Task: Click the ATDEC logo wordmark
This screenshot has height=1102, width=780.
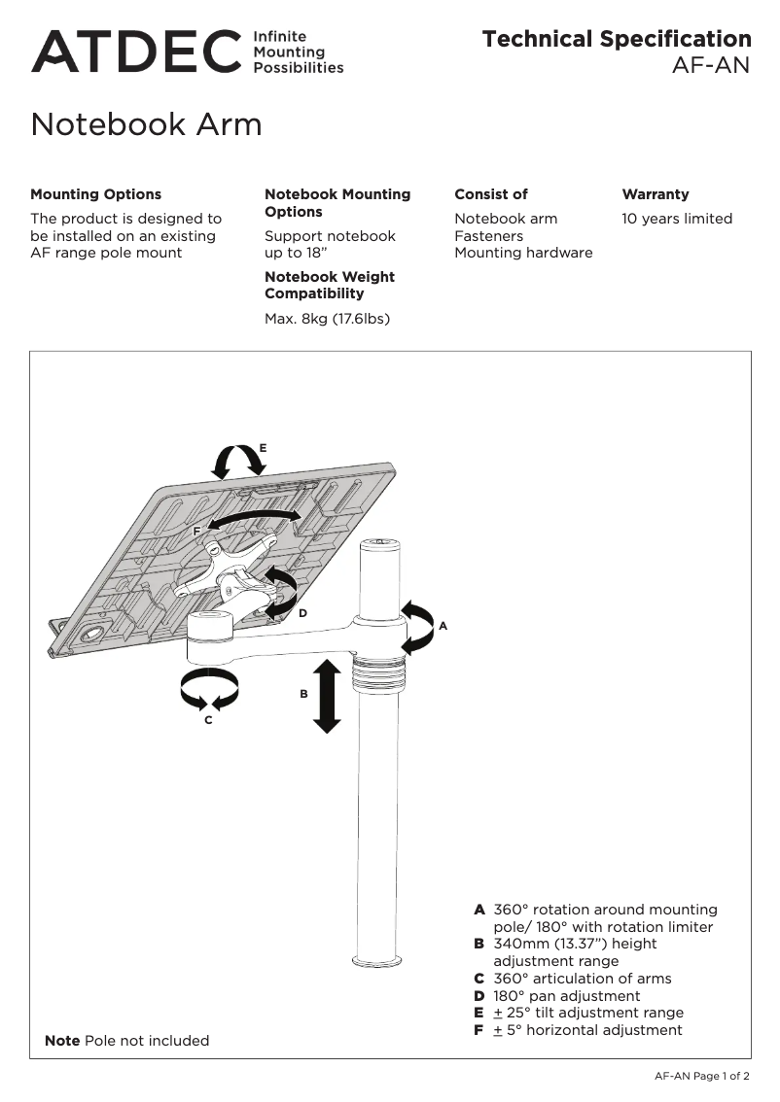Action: (136, 52)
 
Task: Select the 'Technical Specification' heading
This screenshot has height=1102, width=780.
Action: (617, 39)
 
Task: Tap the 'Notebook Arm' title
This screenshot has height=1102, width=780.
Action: (146, 124)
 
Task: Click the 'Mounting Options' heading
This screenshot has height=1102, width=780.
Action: (96, 194)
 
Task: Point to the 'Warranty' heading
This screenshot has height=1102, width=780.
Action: (655, 194)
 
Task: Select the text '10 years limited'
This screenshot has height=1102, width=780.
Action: (677, 219)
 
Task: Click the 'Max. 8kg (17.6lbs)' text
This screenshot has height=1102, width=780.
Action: (327, 318)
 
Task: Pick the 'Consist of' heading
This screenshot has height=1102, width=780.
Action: (491, 194)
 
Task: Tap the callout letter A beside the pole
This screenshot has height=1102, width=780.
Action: (443, 627)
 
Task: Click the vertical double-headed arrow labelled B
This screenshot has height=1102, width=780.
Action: (328, 696)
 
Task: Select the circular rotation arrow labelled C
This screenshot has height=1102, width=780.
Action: (209, 690)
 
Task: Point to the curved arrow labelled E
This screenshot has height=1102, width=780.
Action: (238, 461)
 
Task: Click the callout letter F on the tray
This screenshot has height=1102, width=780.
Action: (196, 532)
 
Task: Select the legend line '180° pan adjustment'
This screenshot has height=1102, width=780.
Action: (566, 996)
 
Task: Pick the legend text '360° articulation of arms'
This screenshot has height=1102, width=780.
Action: (582, 979)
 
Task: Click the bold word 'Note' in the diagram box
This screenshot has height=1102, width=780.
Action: (62, 1041)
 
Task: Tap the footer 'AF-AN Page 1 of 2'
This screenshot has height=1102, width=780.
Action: (701, 1076)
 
